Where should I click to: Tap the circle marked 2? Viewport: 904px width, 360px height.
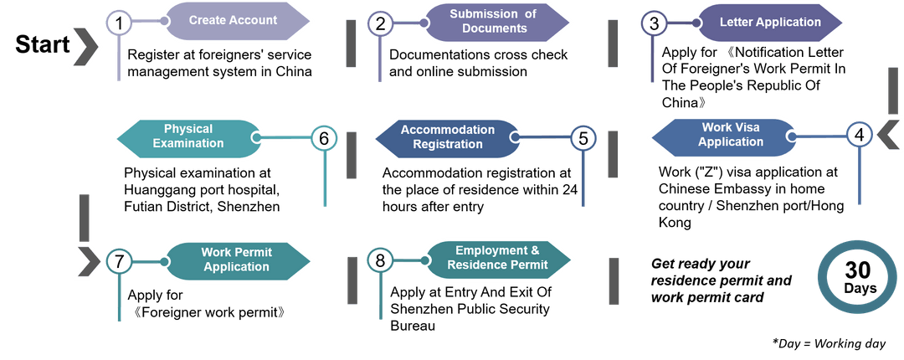(381, 23)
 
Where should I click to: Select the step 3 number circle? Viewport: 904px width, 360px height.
(654, 23)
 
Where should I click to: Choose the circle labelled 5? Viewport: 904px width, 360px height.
(584, 138)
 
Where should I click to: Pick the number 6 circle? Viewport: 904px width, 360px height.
(324, 138)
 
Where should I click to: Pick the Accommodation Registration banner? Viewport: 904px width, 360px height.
(448, 137)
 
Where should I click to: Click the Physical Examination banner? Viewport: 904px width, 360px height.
(189, 136)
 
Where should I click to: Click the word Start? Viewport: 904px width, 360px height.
(42, 45)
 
